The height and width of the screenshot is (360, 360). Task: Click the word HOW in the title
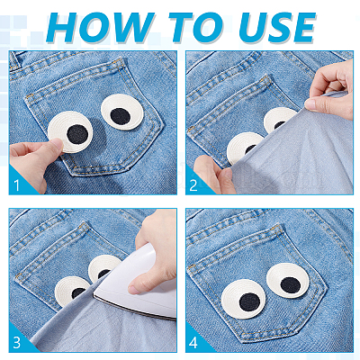[99, 27]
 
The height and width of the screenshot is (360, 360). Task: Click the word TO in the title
[196, 27]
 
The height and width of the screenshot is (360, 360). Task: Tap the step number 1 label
[16, 185]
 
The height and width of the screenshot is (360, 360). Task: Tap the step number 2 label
[193, 185]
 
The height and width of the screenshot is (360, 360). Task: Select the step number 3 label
[17, 342]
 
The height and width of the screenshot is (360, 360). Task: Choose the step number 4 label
[193, 342]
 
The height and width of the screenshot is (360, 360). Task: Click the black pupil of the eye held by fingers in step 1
[77, 134]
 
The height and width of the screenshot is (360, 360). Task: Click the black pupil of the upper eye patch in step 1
[121, 116]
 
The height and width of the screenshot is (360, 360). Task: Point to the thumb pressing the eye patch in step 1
[56, 146]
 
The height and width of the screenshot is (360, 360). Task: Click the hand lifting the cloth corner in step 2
[329, 89]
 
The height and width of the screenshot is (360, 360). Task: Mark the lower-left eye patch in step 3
[71, 291]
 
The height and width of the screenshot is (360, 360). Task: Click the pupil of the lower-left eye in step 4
[249, 301]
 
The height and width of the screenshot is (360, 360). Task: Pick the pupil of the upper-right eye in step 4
[291, 285]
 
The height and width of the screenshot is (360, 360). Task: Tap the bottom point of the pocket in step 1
[72, 175]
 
